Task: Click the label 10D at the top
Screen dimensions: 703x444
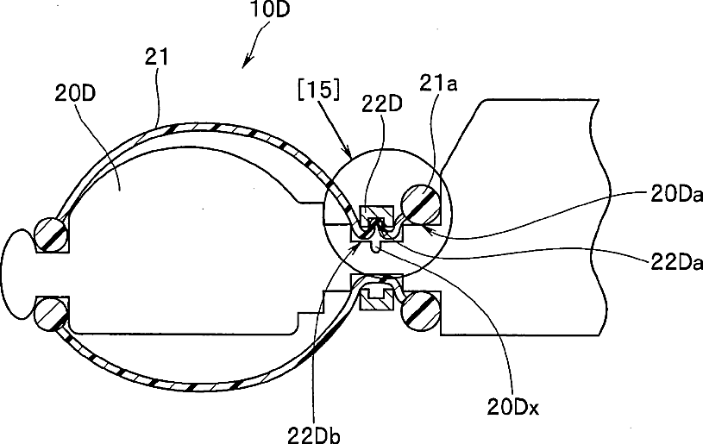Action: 269,9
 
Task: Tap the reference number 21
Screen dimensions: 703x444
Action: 156,58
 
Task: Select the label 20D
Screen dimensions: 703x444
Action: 75,94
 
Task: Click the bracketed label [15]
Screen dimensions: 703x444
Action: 319,90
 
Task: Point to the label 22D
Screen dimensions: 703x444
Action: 382,103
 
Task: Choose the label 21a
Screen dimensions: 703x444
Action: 438,83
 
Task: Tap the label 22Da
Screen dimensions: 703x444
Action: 676,263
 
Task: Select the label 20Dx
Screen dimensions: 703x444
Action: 513,407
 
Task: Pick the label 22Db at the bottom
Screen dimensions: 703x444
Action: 314,435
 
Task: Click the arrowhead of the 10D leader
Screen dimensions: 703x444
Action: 245,64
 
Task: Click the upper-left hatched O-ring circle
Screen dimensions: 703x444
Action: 52,235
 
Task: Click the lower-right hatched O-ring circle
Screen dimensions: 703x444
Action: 421,311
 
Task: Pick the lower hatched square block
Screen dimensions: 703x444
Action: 377,299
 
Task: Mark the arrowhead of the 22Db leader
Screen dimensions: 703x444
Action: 357,247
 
